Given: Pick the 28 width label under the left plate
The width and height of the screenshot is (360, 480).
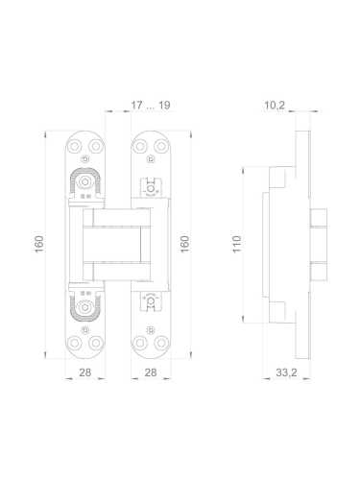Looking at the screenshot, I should coord(84,372).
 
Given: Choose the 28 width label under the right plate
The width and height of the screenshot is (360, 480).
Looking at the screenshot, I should coord(150,372).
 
